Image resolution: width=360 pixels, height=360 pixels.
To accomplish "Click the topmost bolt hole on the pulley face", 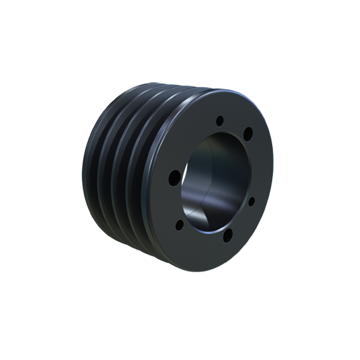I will click(220, 120).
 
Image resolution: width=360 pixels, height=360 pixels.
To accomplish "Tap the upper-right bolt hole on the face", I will click(248, 132).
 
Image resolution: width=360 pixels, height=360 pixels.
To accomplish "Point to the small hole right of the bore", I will click(251, 201).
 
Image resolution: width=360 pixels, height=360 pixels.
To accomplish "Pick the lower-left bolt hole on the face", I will click(180, 225).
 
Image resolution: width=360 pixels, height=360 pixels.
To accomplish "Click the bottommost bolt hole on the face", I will click(227, 235).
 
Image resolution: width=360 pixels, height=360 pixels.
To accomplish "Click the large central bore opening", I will click(215, 180).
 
